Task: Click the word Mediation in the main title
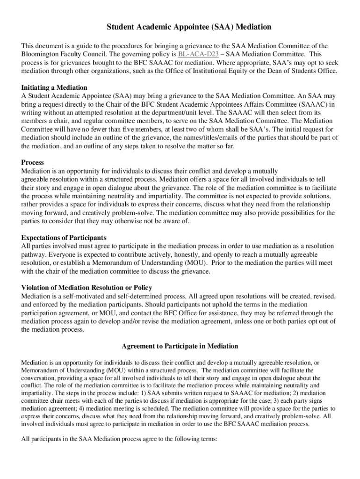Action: tap(253, 27)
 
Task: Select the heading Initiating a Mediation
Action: tap(54, 87)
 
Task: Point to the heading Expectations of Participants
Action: tap(64, 238)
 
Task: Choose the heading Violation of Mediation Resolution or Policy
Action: tap(86, 287)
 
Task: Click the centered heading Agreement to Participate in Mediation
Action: tap(180, 346)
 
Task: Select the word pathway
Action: tap(34, 254)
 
